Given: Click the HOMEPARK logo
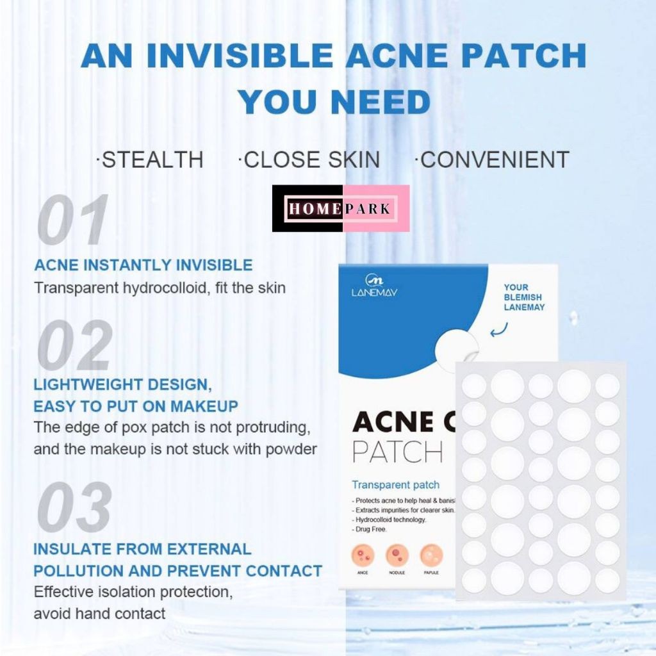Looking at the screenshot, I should click(341, 208).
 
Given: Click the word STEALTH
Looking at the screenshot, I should click(151, 160).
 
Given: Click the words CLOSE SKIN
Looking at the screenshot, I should click(309, 160).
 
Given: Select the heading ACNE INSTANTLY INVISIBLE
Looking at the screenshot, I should click(143, 265).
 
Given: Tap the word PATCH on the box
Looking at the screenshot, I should click(397, 452).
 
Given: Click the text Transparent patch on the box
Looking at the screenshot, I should click(395, 485).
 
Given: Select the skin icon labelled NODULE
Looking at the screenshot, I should click(397, 555).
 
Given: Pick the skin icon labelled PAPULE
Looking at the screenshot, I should click(430, 555).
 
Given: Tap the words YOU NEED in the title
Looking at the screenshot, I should click(334, 102).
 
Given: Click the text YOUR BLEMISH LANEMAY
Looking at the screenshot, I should click(523, 297).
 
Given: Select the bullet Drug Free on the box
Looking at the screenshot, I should click(370, 529).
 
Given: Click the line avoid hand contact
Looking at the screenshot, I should click(99, 613).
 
